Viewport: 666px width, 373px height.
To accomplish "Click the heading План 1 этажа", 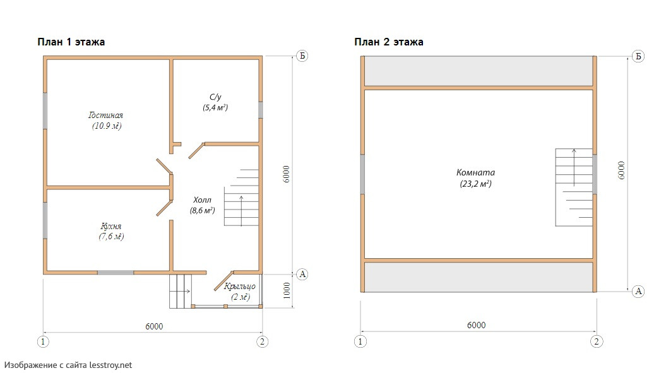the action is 71,42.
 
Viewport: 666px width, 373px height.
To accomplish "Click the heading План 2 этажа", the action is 389,42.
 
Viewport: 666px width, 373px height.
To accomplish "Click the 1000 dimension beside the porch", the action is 287,290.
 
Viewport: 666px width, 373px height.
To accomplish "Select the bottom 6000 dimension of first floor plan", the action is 154,326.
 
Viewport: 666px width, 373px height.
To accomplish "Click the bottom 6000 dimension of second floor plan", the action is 476,325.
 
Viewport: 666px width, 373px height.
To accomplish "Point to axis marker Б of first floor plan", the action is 302,56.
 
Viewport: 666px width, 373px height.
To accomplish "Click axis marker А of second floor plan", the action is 638,291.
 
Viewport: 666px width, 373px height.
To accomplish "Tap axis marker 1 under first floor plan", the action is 43,341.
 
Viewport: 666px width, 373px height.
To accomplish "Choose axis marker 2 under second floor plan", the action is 597,341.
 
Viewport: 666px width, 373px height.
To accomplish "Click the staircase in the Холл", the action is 241,197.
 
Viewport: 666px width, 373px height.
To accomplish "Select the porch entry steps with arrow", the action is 180,291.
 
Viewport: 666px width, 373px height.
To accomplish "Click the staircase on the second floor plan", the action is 574,187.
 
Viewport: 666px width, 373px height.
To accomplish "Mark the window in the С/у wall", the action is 261,110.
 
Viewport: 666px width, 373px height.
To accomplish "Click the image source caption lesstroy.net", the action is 68,365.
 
